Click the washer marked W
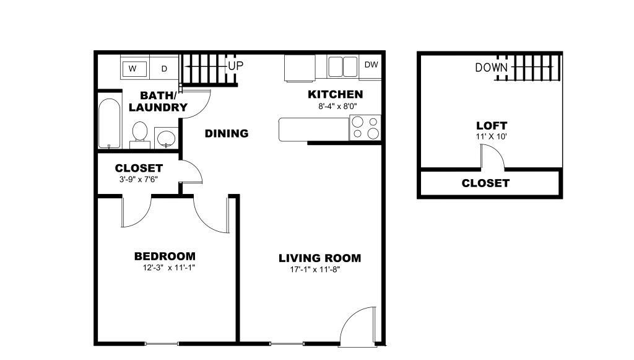tap(133, 68)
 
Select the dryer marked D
tap(164, 68)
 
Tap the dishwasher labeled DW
tap(371, 65)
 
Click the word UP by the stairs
tap(235, 65)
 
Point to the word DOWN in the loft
tap(492, 68)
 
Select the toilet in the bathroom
tap(141, 134)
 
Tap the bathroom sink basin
tap(165, 138)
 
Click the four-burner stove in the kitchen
tap(365, 127)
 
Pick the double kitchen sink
tap(343, 66)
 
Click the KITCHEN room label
tap(335, 95)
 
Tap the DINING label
tap(227, 133)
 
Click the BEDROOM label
tap(165, 256)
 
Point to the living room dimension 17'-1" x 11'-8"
tap(315, 270)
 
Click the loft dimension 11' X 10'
tap(491, 136)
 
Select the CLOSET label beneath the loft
tap(485, 183)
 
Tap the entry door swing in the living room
tap(358, 325)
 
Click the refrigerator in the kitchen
tap(300, 68)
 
